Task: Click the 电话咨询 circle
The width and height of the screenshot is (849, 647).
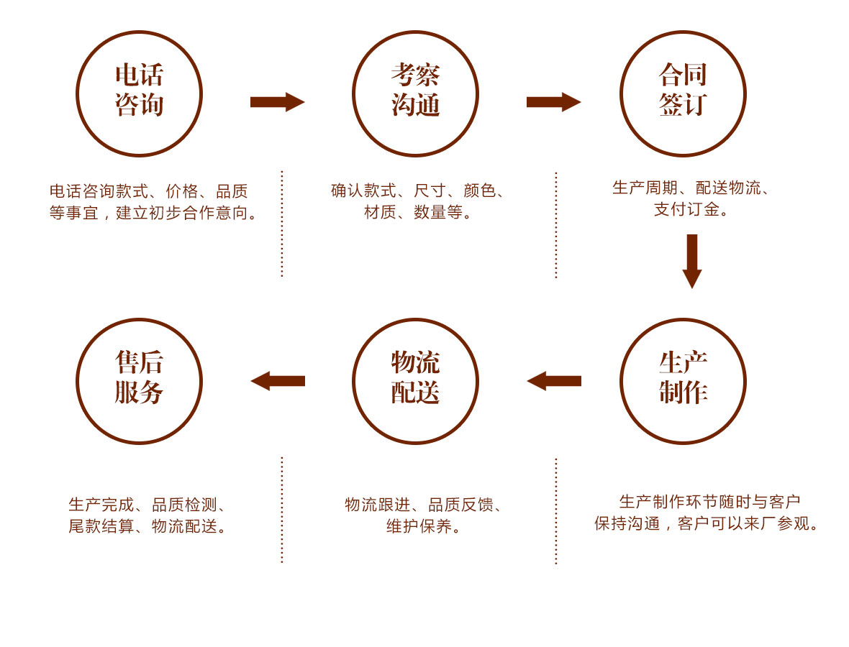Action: [x=139, y=93]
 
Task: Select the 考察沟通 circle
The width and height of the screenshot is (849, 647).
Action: [x=415, y=93]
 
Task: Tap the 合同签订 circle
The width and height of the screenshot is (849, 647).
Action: [x=683, y=93]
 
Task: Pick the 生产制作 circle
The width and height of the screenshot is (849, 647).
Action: [x=683, y=381]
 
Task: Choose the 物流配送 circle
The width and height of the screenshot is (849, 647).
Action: [x=415, y=381]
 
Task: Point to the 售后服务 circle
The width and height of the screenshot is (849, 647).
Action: [x=139, y=381]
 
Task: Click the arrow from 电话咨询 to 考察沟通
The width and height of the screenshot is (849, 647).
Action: [x=277, y=102]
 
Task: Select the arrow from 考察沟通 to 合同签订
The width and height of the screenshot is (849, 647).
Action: [x=553, y=102]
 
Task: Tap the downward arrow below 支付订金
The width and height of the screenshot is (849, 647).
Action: [x=691, y=260]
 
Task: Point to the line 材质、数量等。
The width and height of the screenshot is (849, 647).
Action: [x=418, y=212]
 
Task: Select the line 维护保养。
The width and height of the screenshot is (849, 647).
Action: [x=424, y=526]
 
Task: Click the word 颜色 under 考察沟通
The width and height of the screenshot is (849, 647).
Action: [x=480, y=191]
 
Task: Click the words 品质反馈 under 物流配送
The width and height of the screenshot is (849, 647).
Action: [x=461, y=505]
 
